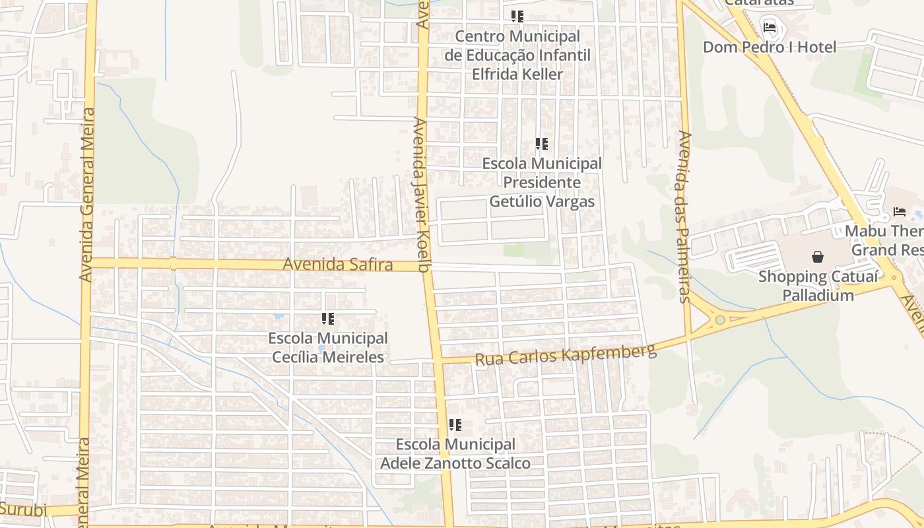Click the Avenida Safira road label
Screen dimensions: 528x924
click(x=338, y=265)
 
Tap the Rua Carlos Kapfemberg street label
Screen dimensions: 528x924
click(x=566, y=354)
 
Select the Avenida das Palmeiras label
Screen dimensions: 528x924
click(x=684, y=216)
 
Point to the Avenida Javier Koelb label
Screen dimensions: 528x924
click(x=421, y=194)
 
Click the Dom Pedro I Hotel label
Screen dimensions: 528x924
click(x=769, y=47)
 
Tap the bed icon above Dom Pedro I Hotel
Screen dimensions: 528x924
click(x=770, y=27)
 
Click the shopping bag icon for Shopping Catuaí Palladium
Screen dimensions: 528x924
click(x=818, y=257)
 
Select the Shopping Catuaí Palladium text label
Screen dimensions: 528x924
click(x=818, y=285)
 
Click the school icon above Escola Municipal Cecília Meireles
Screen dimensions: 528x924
click(x=328, y=319)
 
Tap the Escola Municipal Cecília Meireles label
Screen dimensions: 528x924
click(x=328, y=348)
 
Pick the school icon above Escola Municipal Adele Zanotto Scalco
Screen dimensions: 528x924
click(x=455, y=425)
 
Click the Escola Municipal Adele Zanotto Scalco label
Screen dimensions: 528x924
click(x=455, y=454)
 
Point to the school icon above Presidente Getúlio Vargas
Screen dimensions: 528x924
click(x=542, y=144)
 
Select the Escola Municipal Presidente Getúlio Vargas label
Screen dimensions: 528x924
click(x=542, y=182)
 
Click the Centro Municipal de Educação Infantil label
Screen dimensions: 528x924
click(x=517, y=55)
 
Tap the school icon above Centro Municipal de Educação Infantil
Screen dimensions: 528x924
click(x=517, y=16)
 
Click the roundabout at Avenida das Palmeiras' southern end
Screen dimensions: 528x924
click(x=720, y=320)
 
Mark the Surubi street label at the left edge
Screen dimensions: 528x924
click(x=24, y=510)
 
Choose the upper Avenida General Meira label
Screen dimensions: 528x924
click(x=86, y=195)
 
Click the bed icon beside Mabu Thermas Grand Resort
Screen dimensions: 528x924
click(x=900, y=212)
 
